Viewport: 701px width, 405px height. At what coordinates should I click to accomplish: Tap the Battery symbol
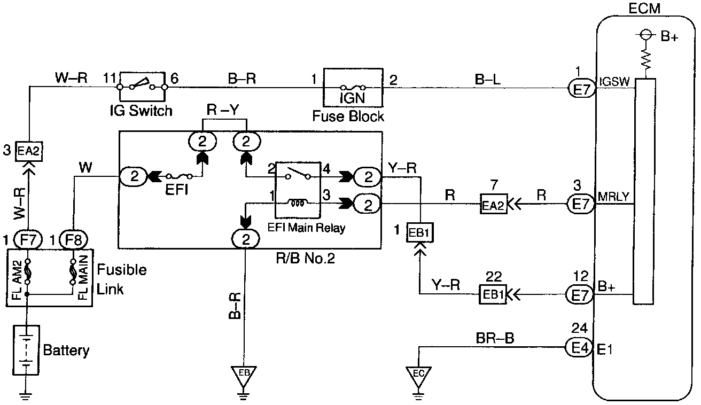[x=26, y=350]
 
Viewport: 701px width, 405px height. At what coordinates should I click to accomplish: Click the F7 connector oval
[x=28, y=240]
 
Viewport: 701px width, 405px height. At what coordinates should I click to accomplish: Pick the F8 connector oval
[x=74, y=240]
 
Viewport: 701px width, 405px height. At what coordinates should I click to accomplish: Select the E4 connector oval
[x=579, y=347]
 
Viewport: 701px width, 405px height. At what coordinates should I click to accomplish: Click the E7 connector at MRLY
[x=581, y=204]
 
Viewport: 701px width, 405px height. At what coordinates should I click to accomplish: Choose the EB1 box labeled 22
[x=493, y=294]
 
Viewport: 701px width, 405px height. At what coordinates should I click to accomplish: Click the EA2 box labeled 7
[x=494, y=205]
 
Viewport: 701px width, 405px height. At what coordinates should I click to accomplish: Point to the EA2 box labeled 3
[x=29, y=152]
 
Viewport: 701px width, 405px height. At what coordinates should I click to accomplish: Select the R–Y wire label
[x=222, y=110]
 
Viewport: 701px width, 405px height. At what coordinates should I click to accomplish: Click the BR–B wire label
[x=495, y=338]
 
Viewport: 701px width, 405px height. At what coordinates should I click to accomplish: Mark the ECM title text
[x=644, y=9]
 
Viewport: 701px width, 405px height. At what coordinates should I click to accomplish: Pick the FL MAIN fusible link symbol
[x=73, y=271]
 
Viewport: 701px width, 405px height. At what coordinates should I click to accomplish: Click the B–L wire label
[x=488, y=80]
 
